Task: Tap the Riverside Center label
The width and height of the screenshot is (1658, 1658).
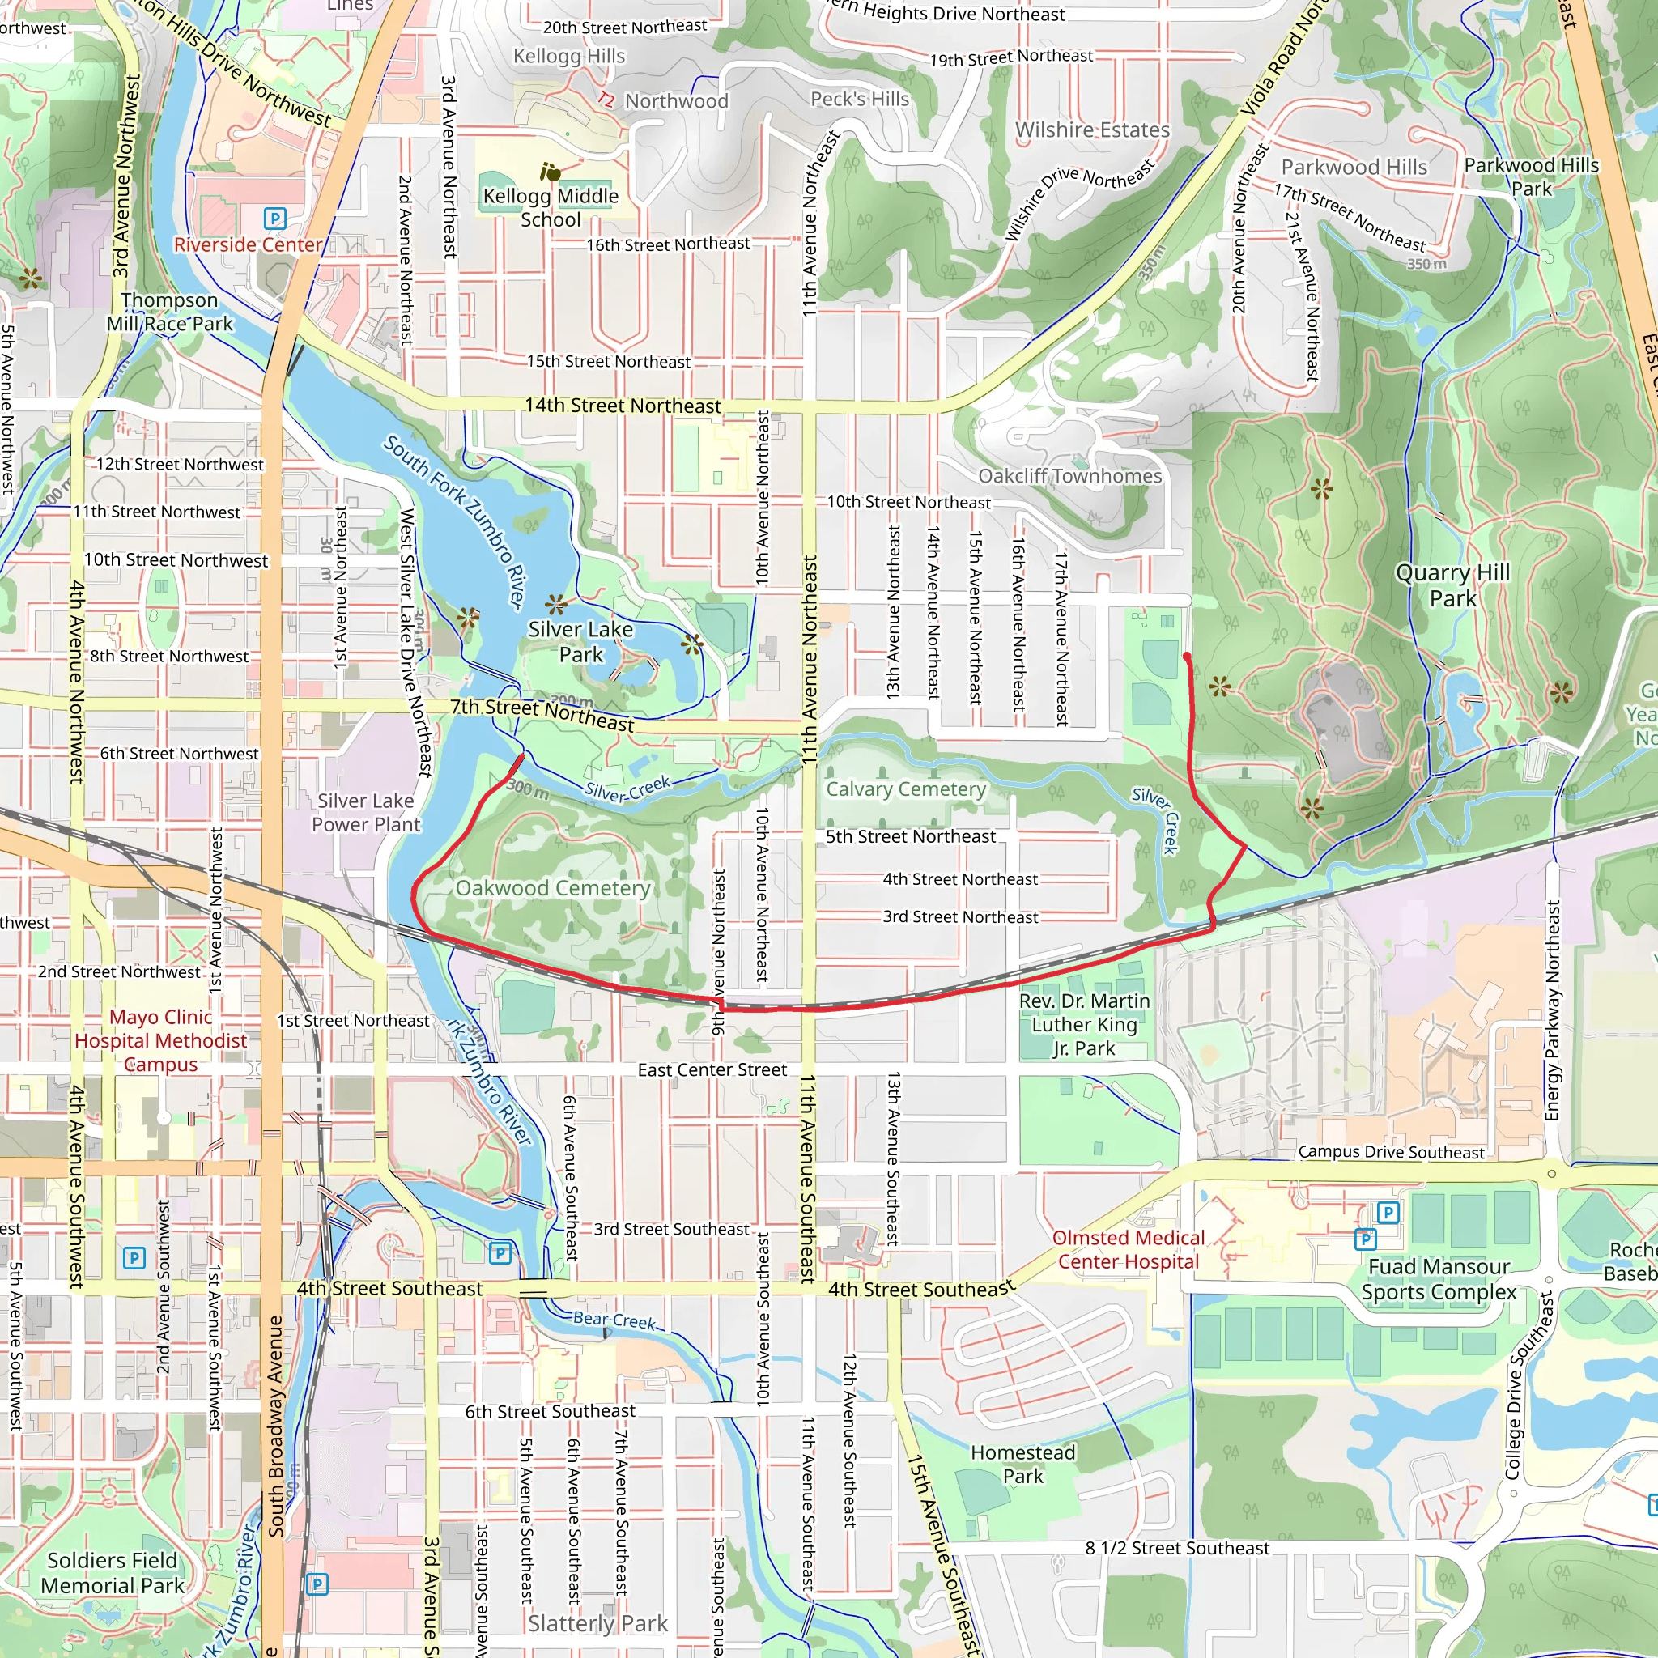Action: pos(247,244)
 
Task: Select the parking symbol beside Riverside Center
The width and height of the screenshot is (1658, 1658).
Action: pos(274,218)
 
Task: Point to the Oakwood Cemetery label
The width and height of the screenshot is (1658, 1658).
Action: pos(553,887)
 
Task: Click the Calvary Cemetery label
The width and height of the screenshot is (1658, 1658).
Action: pos(905,789)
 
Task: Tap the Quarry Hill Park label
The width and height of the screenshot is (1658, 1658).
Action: pos(1452,585)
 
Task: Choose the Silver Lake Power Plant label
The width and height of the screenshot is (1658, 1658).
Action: pos(366,812)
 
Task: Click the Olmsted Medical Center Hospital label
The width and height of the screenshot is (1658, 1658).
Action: pos(1128,1248)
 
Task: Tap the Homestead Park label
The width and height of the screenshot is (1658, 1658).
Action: pos(1022,1464)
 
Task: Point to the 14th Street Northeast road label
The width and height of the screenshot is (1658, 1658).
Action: pos(623,405)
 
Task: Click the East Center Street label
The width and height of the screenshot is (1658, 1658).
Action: pos(712,1069)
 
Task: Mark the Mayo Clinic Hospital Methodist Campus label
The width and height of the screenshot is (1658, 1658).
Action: pos(160,1040)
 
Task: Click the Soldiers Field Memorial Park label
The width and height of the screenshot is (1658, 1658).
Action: pos(113,1572)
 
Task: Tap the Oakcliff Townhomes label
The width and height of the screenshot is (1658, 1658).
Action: pos(1069,475)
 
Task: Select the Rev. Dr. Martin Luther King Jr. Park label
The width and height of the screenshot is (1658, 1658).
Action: pos(1084,1024)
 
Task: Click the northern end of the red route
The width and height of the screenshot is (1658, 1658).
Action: pos(1186,657)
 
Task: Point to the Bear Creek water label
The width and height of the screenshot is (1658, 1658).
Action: pos(614,1320)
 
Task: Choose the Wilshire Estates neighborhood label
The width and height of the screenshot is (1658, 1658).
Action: pos(1091,130)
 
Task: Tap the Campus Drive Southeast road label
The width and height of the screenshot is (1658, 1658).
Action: pos(1390,1152)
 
